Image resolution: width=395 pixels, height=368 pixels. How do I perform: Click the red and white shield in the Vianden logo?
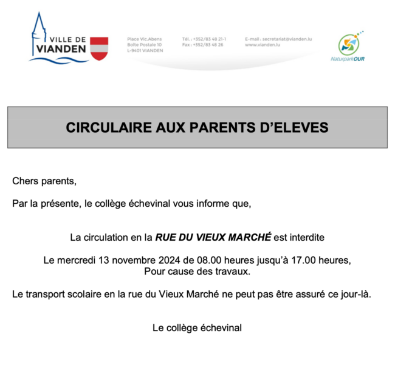pos(99,48)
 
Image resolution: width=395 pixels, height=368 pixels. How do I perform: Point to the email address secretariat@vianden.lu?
pos(279,39)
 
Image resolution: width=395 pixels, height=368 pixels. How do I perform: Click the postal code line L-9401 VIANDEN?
pos(145,51)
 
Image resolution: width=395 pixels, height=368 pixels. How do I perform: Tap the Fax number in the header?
pos(202,45)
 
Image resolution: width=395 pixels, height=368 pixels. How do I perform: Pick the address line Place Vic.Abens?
pos(145,39)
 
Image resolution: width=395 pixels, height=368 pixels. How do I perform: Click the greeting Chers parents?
pos(44,181)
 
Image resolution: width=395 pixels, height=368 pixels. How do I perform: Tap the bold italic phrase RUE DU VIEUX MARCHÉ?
pos(213,236)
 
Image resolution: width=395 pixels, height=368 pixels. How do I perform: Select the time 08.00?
pos(201,260)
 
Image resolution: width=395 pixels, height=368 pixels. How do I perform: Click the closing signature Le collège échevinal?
pos(197,328)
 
